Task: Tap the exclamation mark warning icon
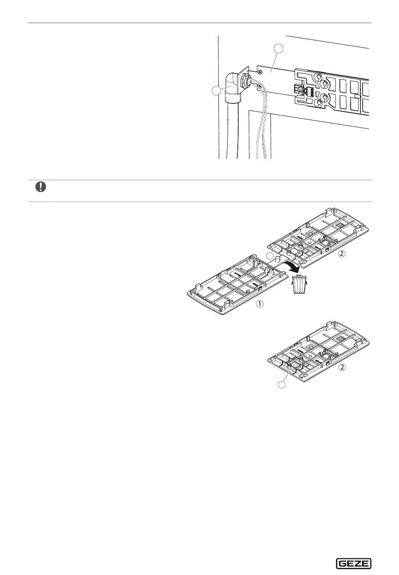click(41, 187)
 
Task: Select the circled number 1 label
click(260, 304)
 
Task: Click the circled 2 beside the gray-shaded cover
click(342, 368)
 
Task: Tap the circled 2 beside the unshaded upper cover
click(341, 254)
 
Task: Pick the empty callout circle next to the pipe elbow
click(216, 91)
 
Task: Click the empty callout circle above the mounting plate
click(278, 49)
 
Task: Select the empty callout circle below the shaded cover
click(282, 385)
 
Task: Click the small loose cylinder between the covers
click(277, 259)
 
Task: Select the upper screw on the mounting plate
click(260, 72)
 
